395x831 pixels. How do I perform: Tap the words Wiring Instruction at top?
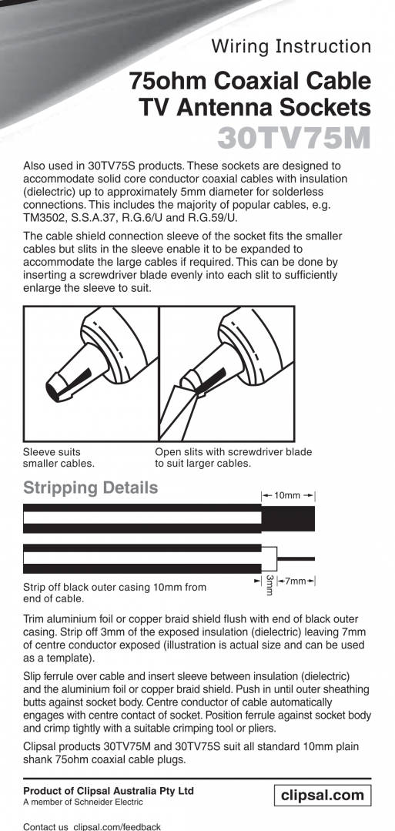pyautogui.click(x=291, y=47)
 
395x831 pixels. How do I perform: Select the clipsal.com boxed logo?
pyautogui.click(x=323, y=795)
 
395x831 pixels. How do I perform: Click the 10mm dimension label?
pyautogui.click(x=287, y=495)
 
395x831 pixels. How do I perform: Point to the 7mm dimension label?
pyautogui.click(x=296, y=581)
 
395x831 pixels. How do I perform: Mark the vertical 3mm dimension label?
pyautogui.click(x=269, y=585)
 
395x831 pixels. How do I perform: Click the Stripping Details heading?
pyautogui.click(x=91, y=488)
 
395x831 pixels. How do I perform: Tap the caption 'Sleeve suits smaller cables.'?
pyautogui.click(x=59, y=458)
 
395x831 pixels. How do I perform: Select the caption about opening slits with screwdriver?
pyautogui.click(x=233, y=458)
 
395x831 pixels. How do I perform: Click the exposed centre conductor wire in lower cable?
pyautogui.click(x=296, y=558)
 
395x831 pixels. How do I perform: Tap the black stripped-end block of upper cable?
pyautogui.click(x=289, y=518)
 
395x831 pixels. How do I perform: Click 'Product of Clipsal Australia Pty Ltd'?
pyautogui.click(x=108, y=791)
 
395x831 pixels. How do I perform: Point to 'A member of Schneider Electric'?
pyautogui.click(x=82, y=803)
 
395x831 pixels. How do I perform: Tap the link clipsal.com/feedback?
pyautogui.click(x=117, y=826)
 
